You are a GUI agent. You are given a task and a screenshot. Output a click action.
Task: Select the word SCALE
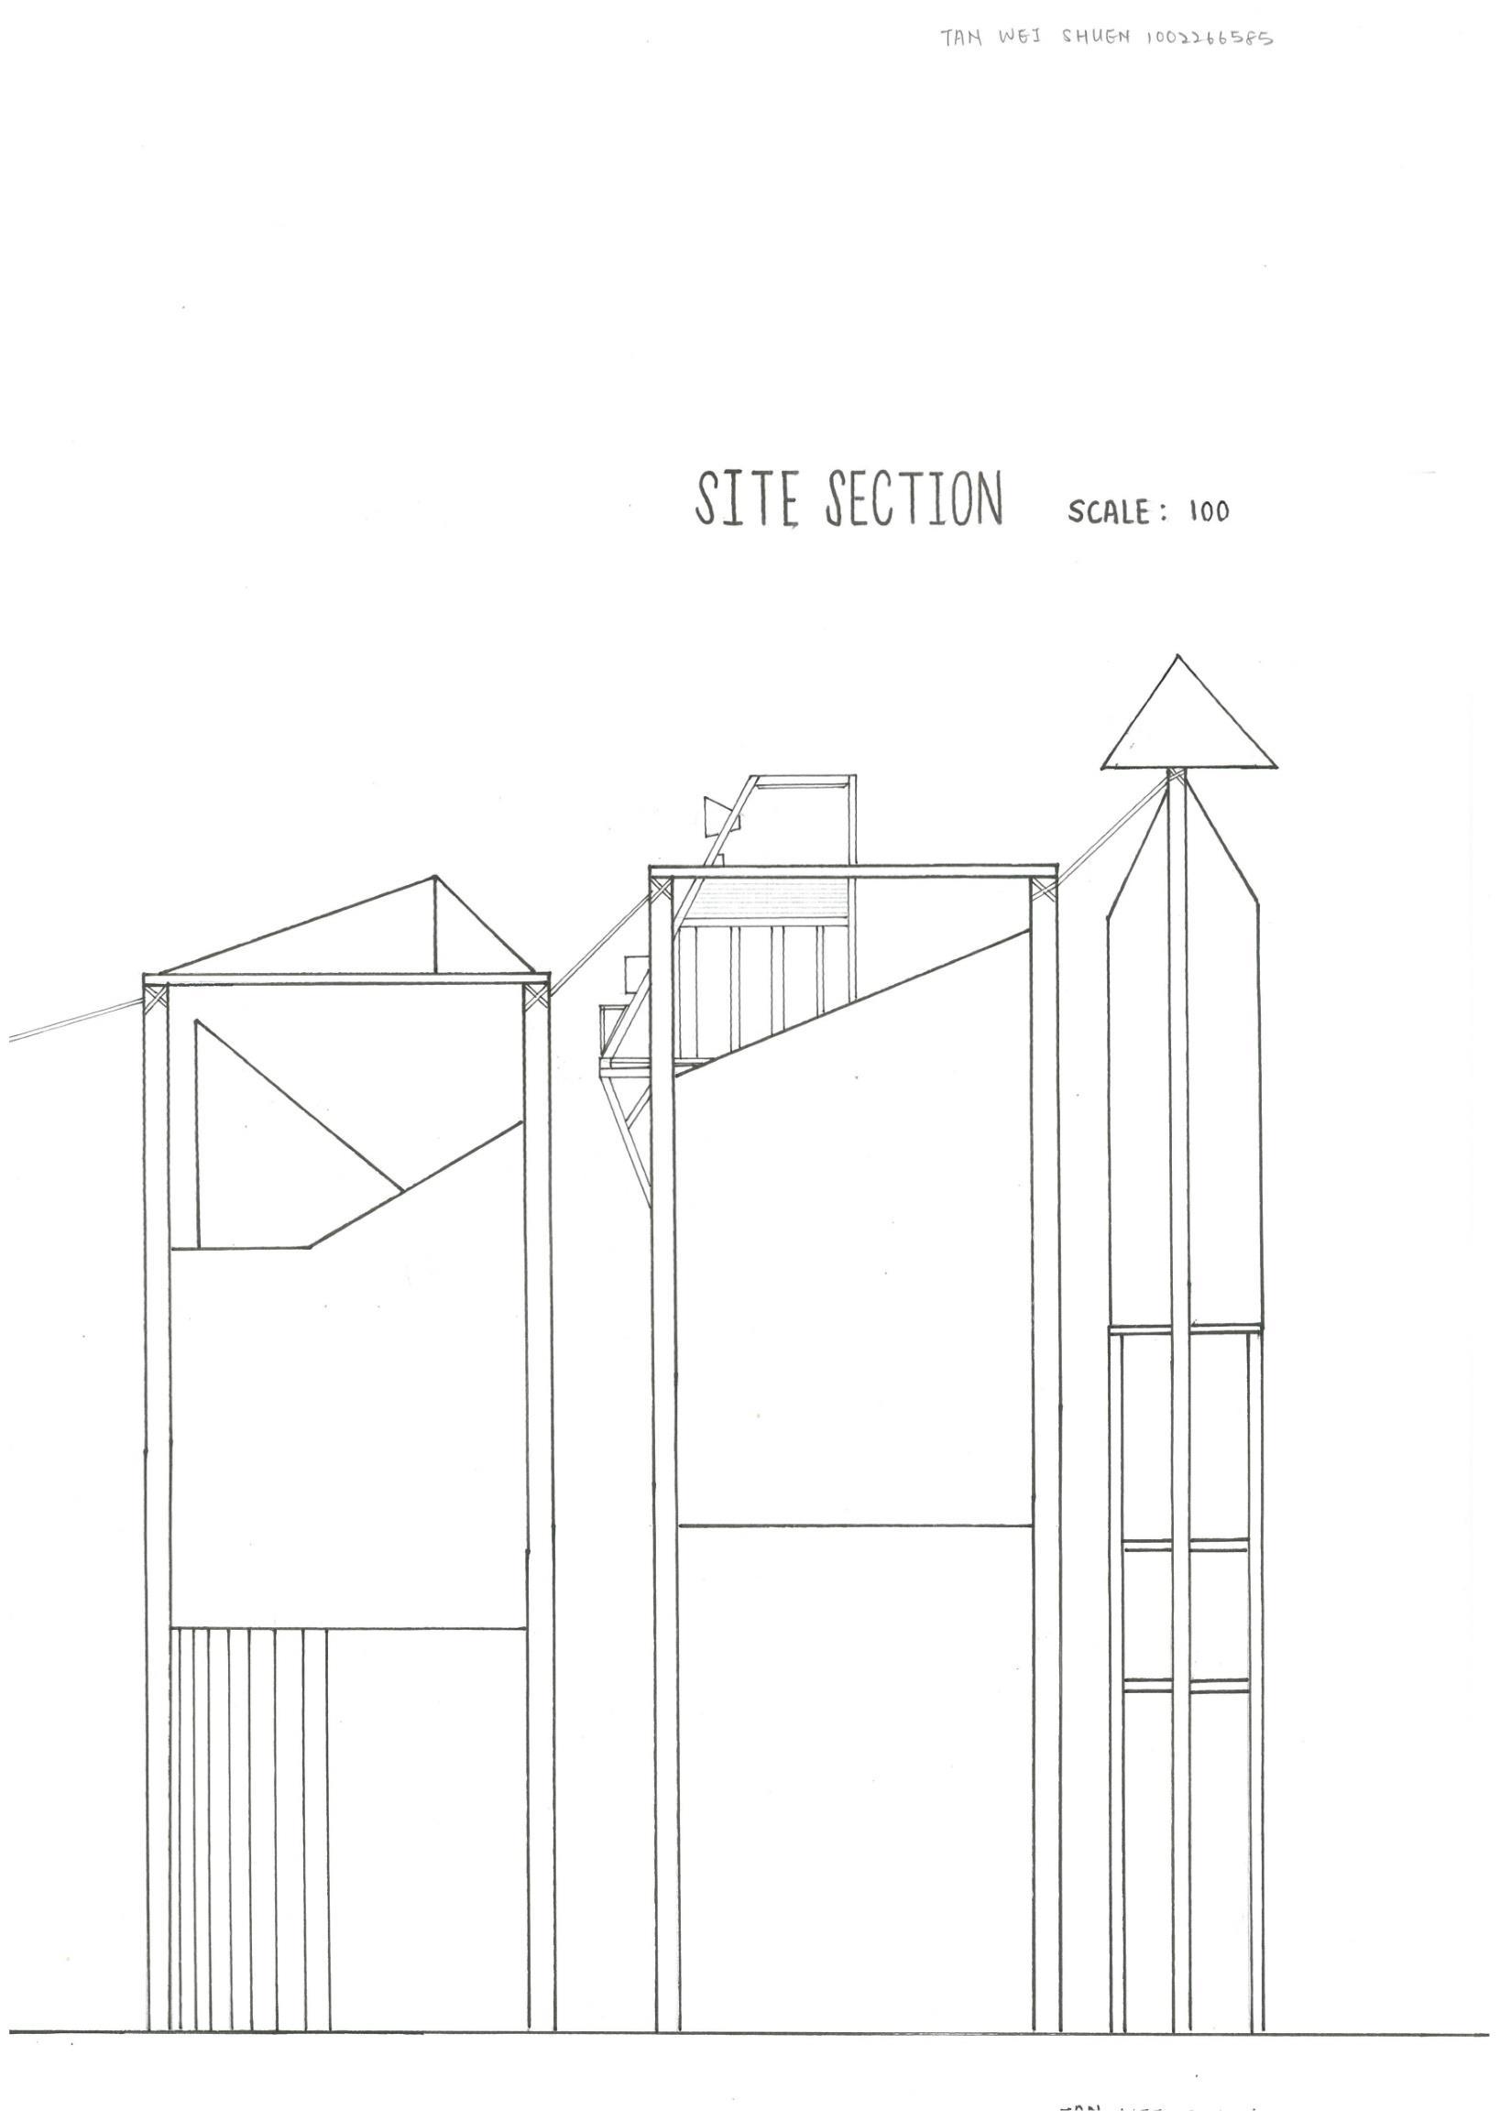click(1109, 511)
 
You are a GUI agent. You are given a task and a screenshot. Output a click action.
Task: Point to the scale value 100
click(1209, 512)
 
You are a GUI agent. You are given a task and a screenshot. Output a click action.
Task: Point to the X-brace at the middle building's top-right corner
click(1043, 890)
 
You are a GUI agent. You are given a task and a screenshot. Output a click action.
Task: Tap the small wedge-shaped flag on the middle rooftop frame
click(715, 815)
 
